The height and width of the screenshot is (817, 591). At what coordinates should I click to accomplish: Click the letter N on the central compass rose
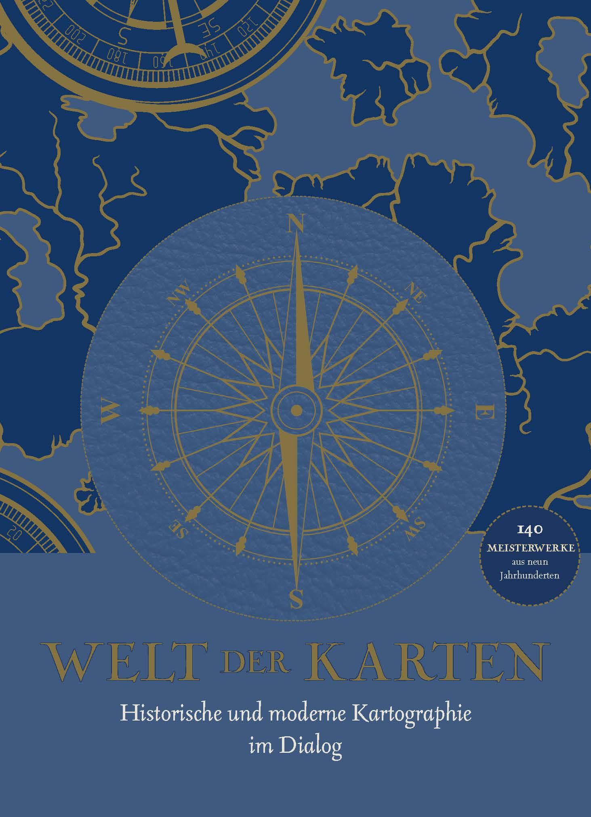click(296, 223)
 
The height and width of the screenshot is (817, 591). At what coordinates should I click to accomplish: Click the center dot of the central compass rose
click(297, 411)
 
